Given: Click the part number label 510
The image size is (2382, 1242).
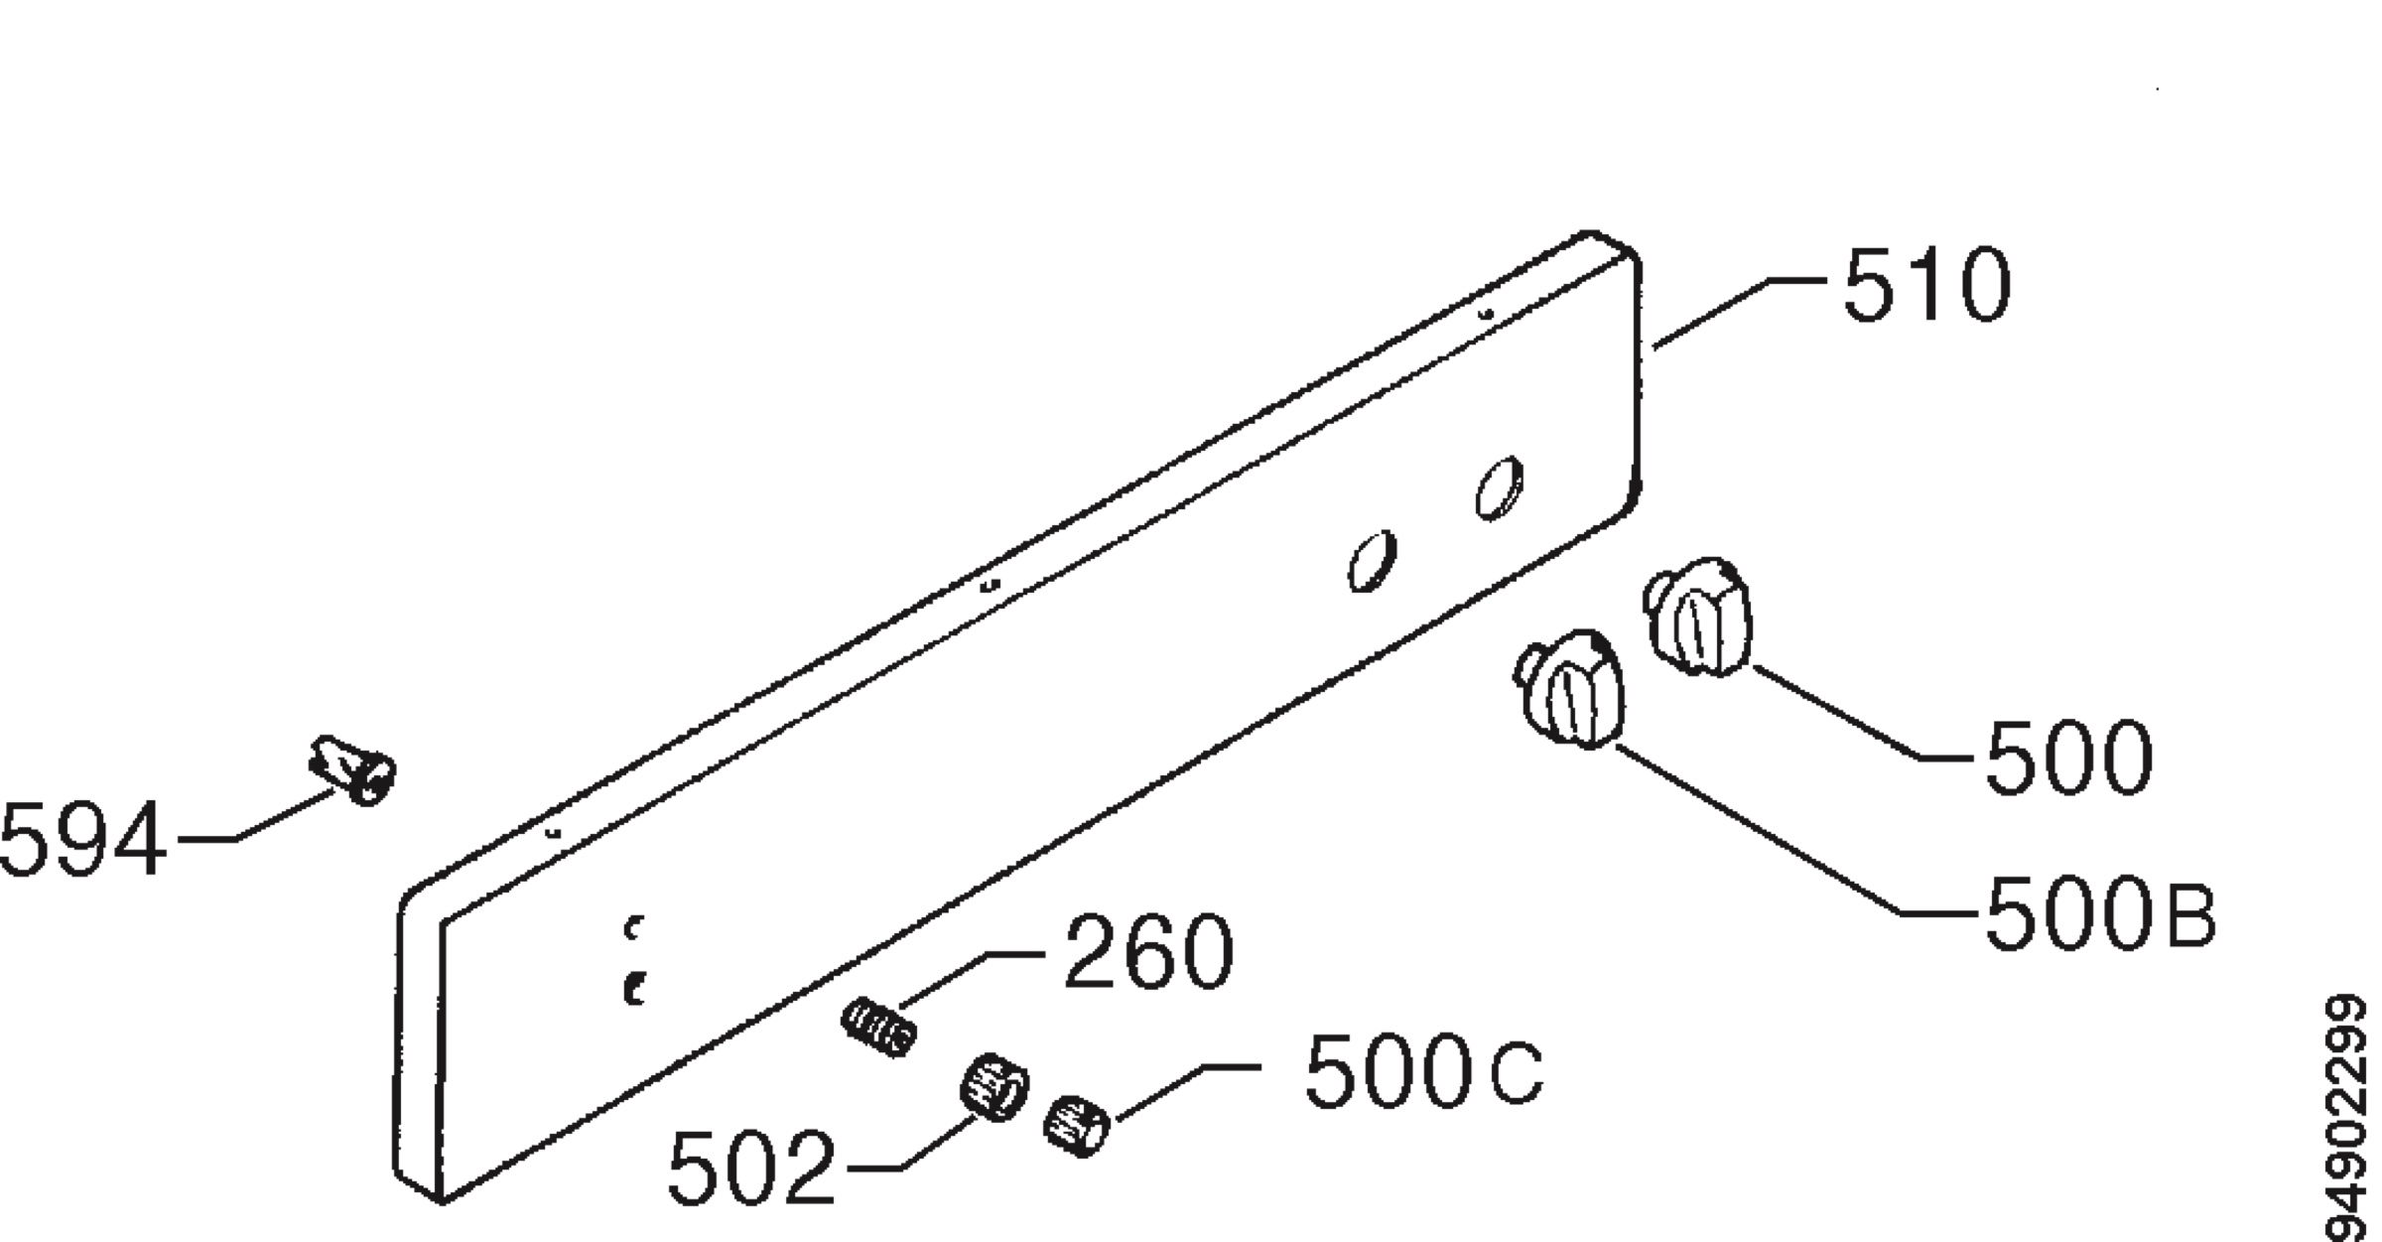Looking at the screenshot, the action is [x=1926, y=286].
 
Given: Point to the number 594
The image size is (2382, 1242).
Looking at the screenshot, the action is [x=82, y=838].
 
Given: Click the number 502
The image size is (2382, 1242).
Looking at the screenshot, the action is [x=751, y=1169].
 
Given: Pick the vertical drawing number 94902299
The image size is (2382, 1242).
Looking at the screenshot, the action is [x=2349, y=1117].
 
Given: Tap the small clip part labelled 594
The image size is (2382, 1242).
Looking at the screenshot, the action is [x=353, y=769].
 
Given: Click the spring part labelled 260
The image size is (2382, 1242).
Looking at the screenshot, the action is [x=878, y=1029].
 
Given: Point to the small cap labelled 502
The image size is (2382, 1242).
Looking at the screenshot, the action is [x=993, y=1086].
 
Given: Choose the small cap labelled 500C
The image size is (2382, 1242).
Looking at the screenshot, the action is [x=1077, y=1126].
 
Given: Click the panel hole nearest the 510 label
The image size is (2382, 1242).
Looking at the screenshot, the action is [x=1500, y=487].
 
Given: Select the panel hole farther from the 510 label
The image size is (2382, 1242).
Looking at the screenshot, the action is [x=1373, y=562].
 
